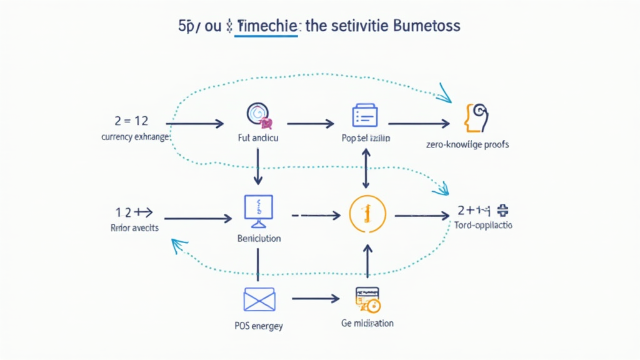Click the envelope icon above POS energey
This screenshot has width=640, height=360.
click(258, 299)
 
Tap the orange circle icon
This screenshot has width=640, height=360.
click(366, 214)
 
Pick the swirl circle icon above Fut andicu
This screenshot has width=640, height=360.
click(257, 114)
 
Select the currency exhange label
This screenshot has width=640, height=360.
click(135, 136)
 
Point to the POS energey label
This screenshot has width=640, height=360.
click(258, 325)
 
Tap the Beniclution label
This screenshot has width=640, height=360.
click(259, 239)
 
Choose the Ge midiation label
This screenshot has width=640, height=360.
click(367, 323)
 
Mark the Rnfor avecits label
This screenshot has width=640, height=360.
click(134, 228)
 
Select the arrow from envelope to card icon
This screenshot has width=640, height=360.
click(315, 299)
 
